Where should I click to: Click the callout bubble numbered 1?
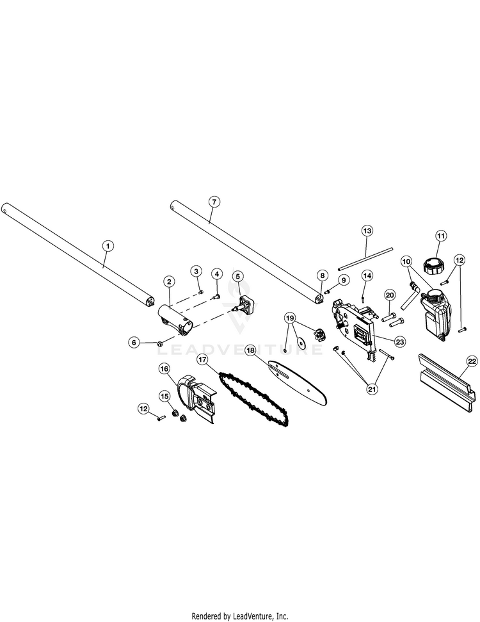coord(108,245)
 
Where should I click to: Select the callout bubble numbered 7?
coord(214,201)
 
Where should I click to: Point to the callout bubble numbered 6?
coord(134,343)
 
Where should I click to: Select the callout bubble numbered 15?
coord(164,397)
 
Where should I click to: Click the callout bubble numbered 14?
coord(367,275)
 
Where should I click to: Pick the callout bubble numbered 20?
coord(389,294)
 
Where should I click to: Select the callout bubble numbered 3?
coord(196,272)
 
